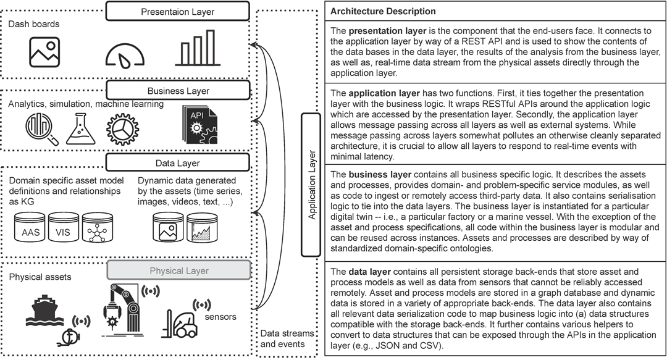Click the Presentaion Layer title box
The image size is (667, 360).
(177, 11)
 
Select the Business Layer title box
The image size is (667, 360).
(178, 91)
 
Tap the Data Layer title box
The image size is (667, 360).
(177, 163)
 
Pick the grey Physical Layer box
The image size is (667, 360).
(178, 270)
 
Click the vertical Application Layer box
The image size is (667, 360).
(311, 185)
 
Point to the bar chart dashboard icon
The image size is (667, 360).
(198, 48)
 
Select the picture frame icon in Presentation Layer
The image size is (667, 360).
(44, 52)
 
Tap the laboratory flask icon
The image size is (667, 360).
(81, 129)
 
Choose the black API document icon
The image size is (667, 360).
(200, 124)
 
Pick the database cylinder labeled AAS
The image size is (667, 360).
(30, 228)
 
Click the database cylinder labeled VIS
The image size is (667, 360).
(63, 228)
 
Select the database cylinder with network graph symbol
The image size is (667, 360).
(98, 228)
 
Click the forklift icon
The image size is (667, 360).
(179, 324)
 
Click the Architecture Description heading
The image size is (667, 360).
(383, 12)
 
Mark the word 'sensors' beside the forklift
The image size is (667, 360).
(220, 317)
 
